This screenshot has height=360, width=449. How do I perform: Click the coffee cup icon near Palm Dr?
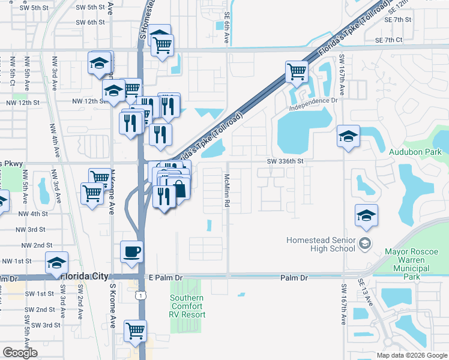pyautogui.click(x=131, y=251)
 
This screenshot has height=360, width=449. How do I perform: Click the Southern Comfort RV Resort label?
pyautogui.click(x=187, y=306)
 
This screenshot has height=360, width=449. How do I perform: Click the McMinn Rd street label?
pyautogui.click(x=228, y=191)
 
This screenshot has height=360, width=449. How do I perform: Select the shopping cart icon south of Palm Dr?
pyautogui.click(x=136, y=331)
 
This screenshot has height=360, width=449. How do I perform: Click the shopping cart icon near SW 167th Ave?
pyautogui.click(x=297, y=72)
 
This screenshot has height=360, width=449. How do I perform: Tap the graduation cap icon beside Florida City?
pyautogui.click(x=57, y=262)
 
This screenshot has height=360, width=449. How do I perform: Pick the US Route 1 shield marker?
pyautogui.click(x=140, y=295)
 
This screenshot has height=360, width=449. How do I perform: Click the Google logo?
pyautogui.click(x=20, y=353)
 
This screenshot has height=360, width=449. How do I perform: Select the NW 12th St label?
pyautogui.click(x=22, y=103)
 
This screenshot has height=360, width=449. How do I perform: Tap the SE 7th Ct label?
pyautogui.click(x=388, y=40)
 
